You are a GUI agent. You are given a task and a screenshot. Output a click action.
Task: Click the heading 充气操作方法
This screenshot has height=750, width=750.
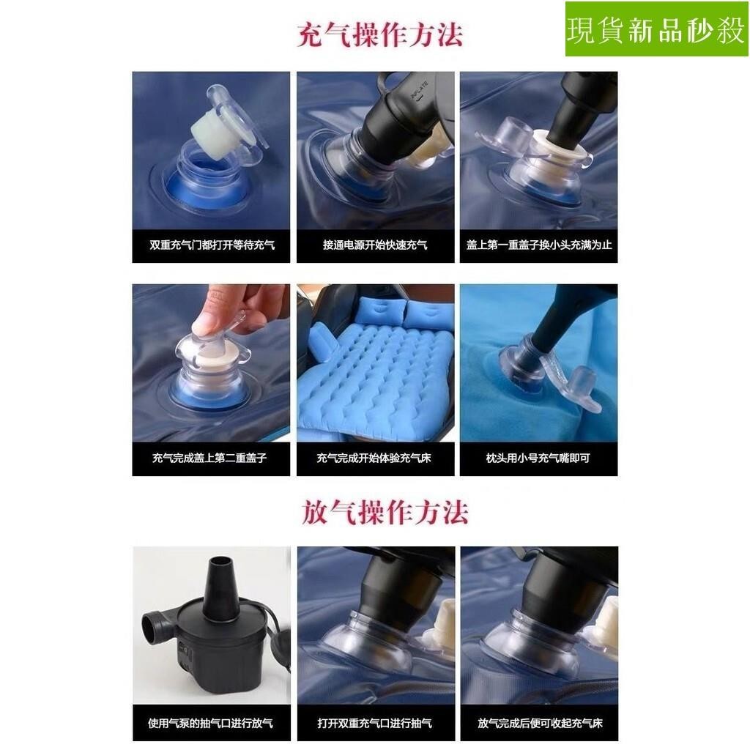tap(380, 34)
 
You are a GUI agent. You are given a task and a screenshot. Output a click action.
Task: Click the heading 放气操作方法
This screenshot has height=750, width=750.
tap(385, 512)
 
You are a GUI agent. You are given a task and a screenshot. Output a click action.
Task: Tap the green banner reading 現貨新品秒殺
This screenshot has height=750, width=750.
tap(657, 29)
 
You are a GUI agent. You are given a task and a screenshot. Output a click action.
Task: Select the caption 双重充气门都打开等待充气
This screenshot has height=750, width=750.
tap(212, 245)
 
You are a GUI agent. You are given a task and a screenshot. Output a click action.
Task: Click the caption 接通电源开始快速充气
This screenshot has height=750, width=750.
tap(375, 245)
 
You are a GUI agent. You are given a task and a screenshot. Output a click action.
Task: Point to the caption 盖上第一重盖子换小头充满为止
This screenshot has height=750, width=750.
tap(539, 245)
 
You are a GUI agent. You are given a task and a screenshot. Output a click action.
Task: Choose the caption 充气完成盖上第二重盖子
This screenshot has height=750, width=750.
tap(209, 458)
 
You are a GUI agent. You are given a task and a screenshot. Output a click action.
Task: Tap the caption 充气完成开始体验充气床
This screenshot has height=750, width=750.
tap(374, 458)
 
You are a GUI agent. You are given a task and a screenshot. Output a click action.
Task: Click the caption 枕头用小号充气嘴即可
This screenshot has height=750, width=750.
tap(538, 458)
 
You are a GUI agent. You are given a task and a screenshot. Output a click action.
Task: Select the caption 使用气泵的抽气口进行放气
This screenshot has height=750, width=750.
tap(210, 723)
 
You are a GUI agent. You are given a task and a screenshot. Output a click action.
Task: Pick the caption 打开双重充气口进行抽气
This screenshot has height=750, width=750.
tap(374, 723)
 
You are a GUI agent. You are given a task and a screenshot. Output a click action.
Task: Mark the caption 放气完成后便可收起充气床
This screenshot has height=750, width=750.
tap(540, 723)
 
